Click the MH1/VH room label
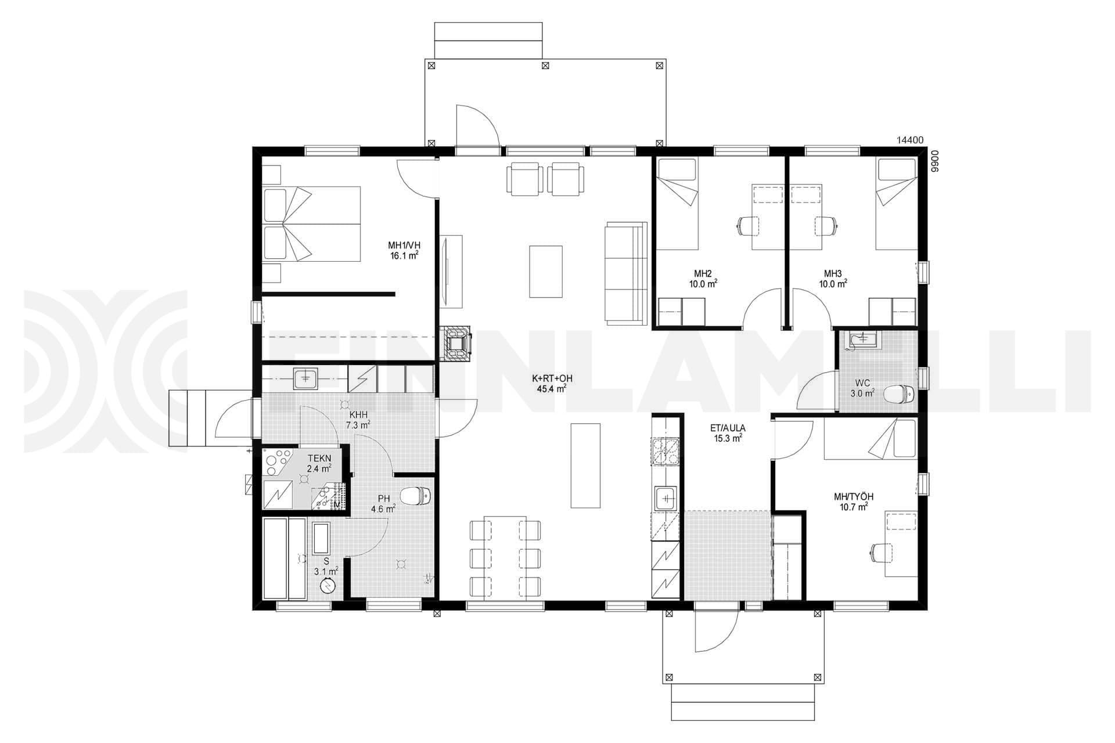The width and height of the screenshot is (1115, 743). click(404, 244)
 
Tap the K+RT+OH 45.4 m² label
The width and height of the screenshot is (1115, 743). click(549, 384)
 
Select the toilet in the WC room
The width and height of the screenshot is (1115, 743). click(898, 394)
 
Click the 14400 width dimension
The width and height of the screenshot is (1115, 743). click(910, 140)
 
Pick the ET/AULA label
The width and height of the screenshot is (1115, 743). click(728, 428)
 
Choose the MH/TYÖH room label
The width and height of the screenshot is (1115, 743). click(854, 497)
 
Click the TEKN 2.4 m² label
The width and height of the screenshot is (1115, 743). click(319, 463)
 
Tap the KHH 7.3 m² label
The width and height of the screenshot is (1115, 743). click(358, 420)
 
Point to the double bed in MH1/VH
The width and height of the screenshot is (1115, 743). click(312, 223)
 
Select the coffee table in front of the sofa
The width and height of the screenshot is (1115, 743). click(546, 271)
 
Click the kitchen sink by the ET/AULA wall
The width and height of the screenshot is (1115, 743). click(665, 498)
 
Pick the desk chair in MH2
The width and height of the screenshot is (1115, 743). click(749, 225)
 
